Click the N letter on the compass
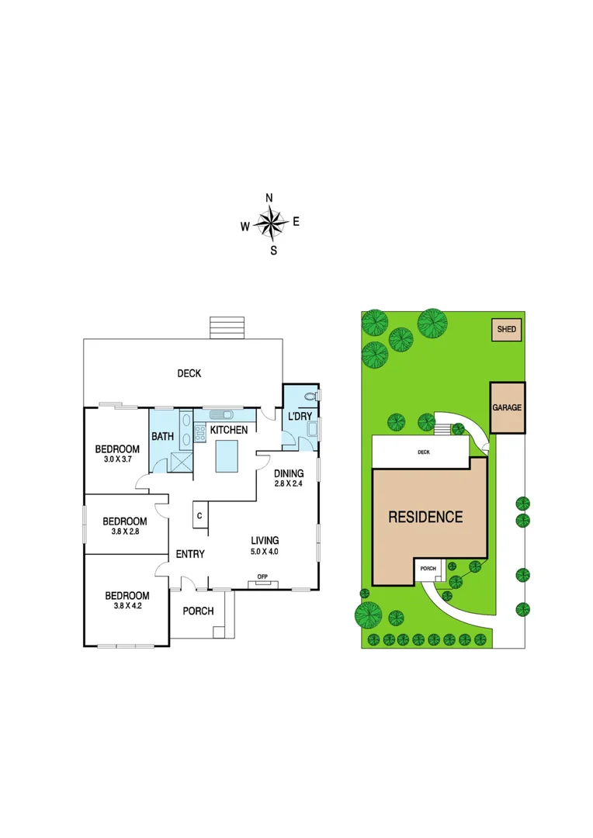(269, 198)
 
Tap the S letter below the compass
(273, 251)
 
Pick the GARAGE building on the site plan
(507, 407)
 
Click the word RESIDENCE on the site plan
(425, 517)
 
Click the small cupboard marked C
(199, 515)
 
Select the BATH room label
(162, 437)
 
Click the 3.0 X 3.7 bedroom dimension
(116, 460)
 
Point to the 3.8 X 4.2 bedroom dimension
(127, 608)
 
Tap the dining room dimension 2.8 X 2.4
(288, 484)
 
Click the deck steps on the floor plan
(227, 327)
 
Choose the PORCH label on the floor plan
(198, 611)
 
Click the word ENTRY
(190, 554)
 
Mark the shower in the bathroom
(180, 461)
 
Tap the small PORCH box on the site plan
(428, 568)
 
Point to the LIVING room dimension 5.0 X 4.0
(264, 552)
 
